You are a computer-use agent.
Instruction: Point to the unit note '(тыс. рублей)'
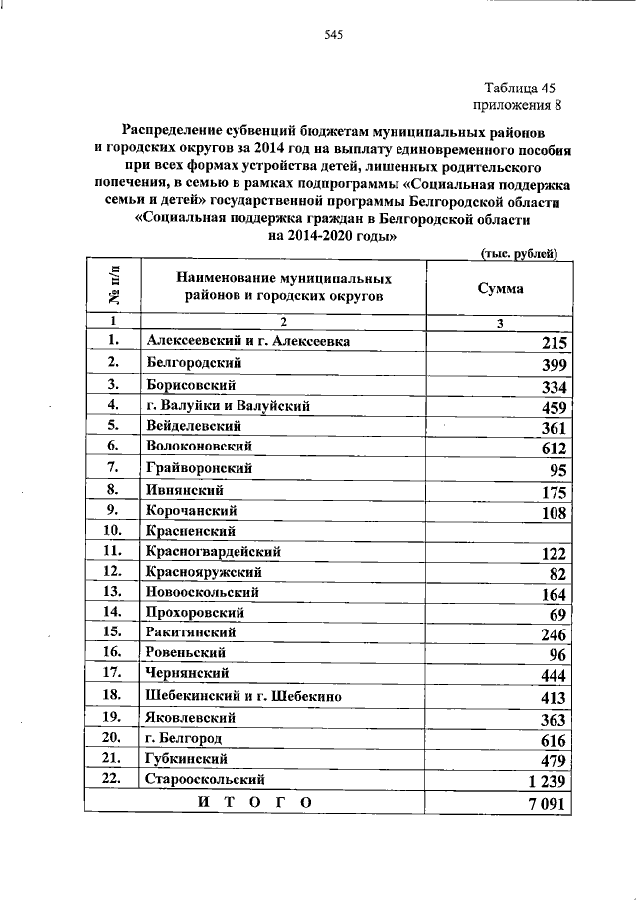pyautogui.click(x=519, y=254)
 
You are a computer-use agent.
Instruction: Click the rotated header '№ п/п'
pyautogui.click(x=112, y=287)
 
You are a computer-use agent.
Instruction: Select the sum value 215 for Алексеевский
pyautogui.click(x=552, y=344)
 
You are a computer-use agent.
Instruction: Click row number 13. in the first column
pyautogui.click(x=111, y=592)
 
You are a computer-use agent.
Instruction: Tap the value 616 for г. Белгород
pyautogui.click(x=552, y=741)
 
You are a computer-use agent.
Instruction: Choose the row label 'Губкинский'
pyautogui.click(x=183, y=759)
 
